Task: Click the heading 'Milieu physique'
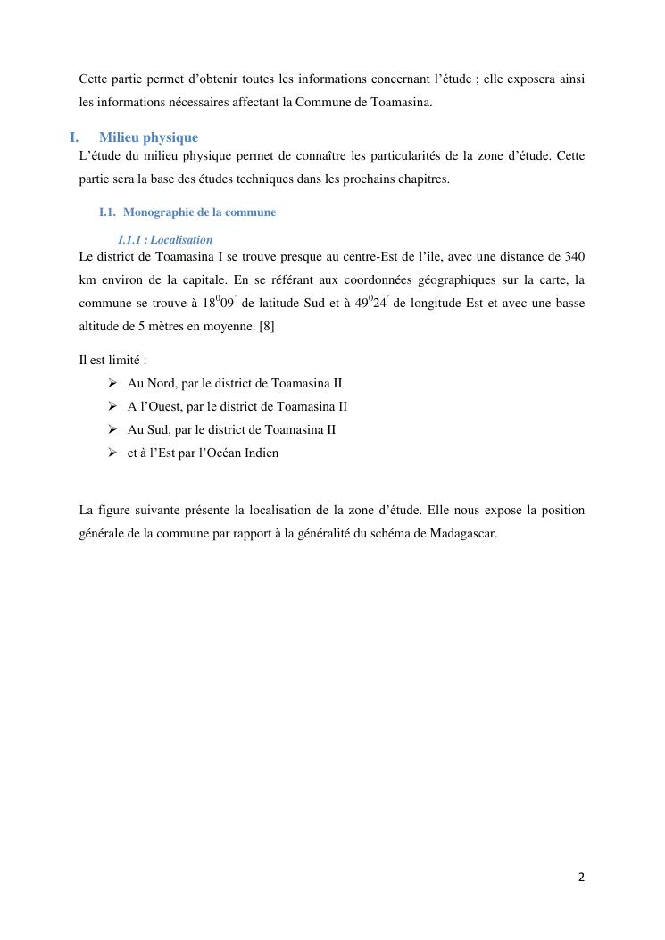tap(148, 137)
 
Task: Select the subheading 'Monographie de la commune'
tap(199, 212)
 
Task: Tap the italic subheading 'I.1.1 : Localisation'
tap(165, 240)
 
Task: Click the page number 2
tap(581, 877)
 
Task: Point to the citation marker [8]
tap(266, 326)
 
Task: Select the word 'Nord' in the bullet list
tap(161, 383)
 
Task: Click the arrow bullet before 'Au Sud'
tap(112, 429)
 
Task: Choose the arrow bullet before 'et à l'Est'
tap(112, 453)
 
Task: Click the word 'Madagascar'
tap(463, 534)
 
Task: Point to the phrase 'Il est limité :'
tap(112, 361)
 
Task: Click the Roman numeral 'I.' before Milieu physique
tap(74, 137)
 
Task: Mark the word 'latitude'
tap(270, 303)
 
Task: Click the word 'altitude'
tap(99, 326)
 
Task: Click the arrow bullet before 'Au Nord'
tap(112, 383)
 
